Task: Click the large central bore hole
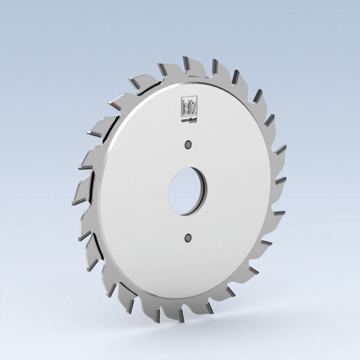(188, 191)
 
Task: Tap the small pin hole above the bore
(188, 145)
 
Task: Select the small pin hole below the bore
(187, 238)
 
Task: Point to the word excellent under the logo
(186, 118)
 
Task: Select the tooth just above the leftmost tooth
(80, 165)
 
